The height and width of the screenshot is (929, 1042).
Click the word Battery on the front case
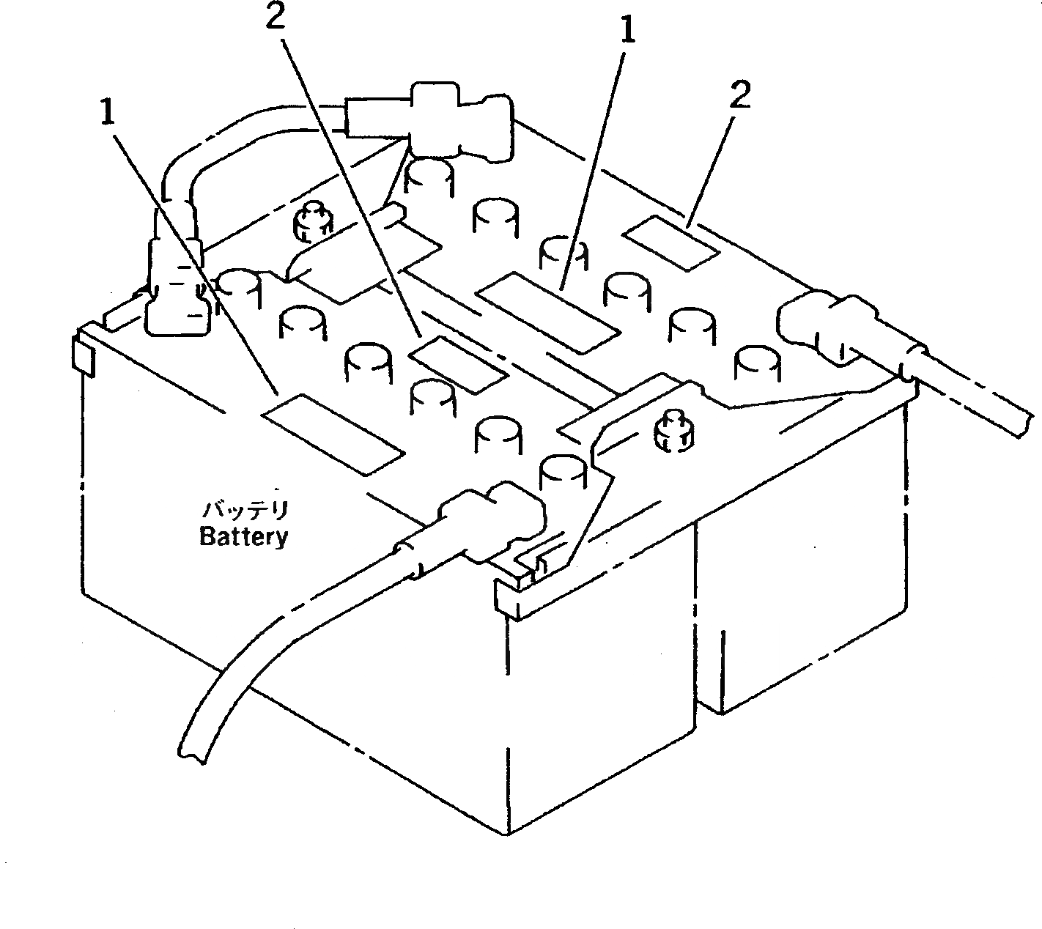pyautogui.click(x=244, y=537)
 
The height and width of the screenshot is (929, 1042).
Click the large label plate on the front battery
pyautogui.click(x=333, y=432)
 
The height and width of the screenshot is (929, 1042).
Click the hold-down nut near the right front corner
pyautogui.click(x=670, y=432)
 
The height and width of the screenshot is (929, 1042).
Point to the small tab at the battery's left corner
pyautogui.click(x=84, y=355)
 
